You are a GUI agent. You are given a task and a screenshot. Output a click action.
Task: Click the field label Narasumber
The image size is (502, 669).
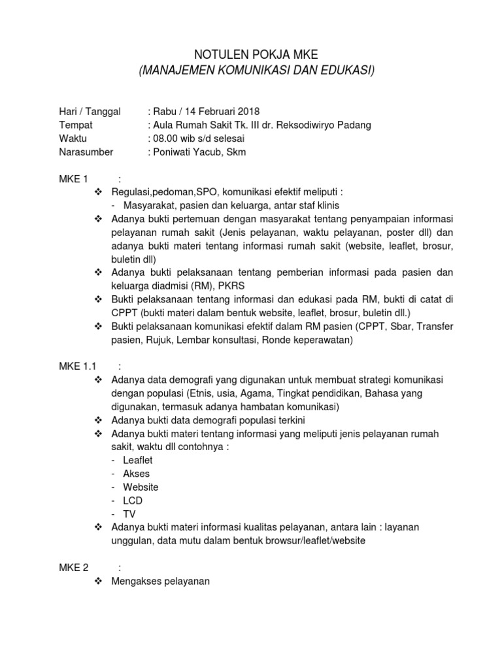tap(86, 152)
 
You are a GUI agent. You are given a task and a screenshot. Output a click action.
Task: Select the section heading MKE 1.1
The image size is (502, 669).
tap(77, 367)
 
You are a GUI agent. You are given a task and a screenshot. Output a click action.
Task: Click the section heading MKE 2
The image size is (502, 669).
tap(73, 568)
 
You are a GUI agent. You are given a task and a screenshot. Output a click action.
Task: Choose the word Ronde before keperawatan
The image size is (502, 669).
tap(260, 340)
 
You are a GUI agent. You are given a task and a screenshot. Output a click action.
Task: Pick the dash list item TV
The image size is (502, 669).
tap(129, 514)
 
